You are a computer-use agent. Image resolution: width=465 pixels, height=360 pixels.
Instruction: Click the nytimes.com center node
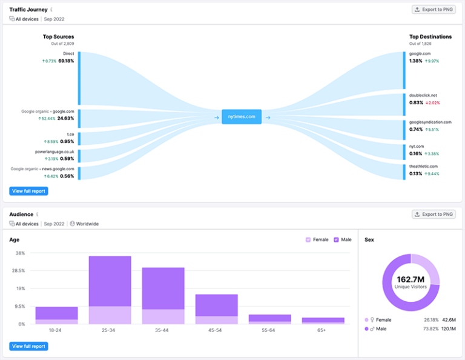(242, 116)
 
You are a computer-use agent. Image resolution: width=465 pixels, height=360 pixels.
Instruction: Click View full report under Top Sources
(28, 191)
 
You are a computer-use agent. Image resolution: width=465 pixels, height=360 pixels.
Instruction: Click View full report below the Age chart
(28, 346)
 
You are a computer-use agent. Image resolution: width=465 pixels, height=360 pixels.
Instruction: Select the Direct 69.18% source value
(66, 61)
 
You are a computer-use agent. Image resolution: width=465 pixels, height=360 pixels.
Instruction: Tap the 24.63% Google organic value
(66, 119)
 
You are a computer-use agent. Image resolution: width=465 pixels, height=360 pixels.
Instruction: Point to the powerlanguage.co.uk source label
(54, 152)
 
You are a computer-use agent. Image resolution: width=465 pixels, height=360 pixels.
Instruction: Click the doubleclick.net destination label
(423, 95)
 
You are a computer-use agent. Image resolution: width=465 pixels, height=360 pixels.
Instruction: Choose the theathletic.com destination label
(423, 166)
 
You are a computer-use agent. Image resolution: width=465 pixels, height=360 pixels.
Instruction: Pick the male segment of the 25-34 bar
(110, 281)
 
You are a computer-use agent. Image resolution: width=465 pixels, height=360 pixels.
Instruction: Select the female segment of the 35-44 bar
(163, 316)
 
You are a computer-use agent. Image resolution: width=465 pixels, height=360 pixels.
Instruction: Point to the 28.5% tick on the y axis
(18, 271)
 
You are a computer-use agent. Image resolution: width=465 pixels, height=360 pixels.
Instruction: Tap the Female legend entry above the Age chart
(317, 240)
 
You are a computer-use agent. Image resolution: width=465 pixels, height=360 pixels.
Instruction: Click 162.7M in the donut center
(411, 279)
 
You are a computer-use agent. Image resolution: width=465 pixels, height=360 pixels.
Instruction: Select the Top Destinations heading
(430, 37)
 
